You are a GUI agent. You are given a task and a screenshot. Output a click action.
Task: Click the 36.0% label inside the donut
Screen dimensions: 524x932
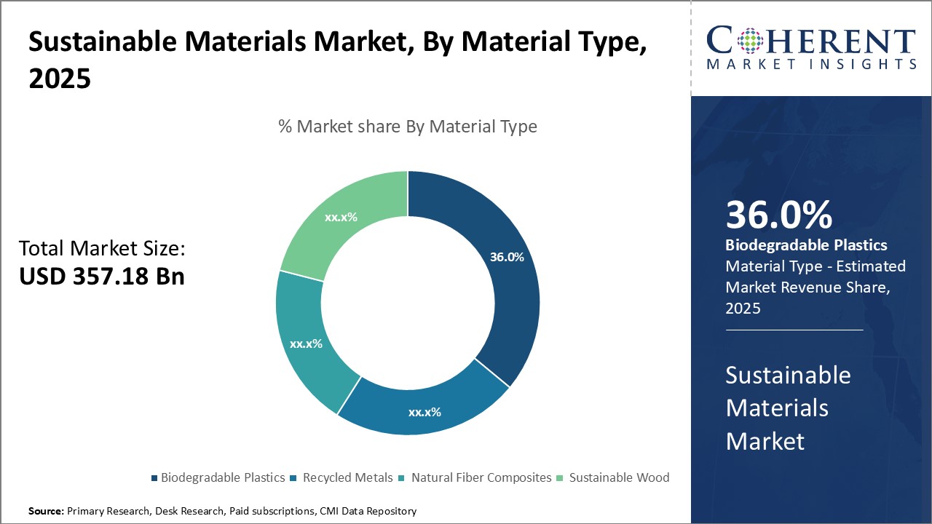(507, 257)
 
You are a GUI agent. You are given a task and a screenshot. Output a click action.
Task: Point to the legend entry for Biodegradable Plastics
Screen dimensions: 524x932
(218, 477)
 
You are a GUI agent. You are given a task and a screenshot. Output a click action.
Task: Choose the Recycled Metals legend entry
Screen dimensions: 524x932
(342, 477)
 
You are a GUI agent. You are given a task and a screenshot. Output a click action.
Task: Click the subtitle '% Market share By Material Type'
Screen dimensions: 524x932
(408, 127)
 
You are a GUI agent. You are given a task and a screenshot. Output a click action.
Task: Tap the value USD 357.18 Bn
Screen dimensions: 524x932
(101, 277)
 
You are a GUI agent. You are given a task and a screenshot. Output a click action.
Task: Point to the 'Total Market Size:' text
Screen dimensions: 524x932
(102, 249)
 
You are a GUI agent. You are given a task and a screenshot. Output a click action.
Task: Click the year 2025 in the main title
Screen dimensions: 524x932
(60, 79)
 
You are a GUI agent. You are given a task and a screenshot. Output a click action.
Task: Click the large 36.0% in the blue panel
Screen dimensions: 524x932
(778, 215)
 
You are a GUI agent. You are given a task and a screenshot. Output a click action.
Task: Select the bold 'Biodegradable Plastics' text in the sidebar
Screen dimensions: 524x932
(806, 245)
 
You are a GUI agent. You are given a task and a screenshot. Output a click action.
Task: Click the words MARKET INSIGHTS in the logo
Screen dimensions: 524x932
(810, 64)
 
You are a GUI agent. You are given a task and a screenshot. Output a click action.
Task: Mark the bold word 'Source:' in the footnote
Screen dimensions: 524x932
(46, 511)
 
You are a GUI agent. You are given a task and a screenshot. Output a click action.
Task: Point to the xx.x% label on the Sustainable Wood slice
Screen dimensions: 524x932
(341, 217)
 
